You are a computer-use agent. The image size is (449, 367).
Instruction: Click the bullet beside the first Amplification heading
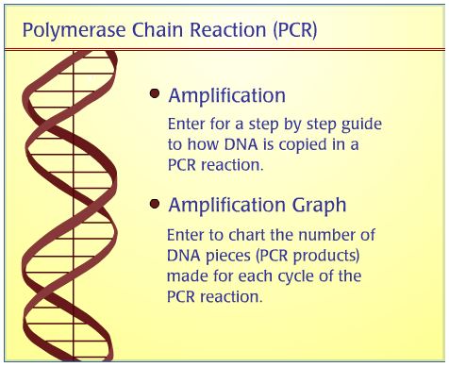click(x=155, y=94)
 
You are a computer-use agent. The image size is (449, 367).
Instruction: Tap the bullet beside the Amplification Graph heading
click(x=155, y=204)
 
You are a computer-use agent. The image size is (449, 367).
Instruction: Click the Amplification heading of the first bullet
click(x=226, y=95)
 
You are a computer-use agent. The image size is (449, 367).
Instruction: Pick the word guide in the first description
click(x=360, y=125)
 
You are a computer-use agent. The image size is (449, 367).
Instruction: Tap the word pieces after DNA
click(x=224, y=255)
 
